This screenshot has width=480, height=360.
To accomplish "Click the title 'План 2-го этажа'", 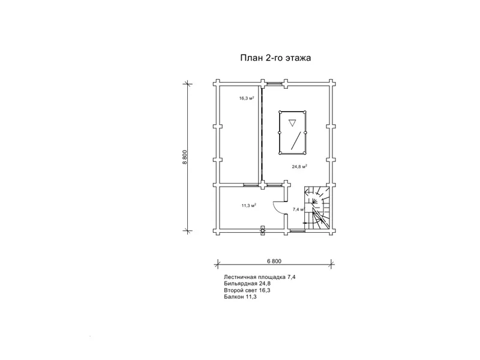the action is tap(275, 58).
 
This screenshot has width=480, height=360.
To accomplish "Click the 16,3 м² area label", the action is tap(247, 98).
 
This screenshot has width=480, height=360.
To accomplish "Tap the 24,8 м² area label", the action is tap(299, 167).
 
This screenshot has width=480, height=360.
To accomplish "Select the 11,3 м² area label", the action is tap(248, 205).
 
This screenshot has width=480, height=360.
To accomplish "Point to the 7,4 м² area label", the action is tap(298, 209).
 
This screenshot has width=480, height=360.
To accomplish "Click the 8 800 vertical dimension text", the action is tap(185, 158).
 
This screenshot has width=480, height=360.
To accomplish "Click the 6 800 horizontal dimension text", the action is tap(274, 261).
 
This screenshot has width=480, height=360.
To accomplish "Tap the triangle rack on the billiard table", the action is tap(292, 123).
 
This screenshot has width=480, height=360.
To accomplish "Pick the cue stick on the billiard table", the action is tap(295, 140).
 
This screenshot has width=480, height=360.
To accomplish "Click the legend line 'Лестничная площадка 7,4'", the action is tap(260, 277).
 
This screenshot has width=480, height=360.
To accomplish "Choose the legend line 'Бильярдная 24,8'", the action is tap(247, 284).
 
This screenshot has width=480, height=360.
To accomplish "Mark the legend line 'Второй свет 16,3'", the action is tap(247, 290).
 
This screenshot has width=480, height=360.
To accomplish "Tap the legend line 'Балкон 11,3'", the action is tap(240, 296).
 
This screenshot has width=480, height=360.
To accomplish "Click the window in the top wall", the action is tap(274, 83).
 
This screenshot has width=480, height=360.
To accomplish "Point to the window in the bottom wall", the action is tap(296, 231).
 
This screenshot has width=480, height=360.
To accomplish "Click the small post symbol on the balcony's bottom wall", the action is tap(263, 230).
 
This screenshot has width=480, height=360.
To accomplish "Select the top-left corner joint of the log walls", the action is tap(217, 83).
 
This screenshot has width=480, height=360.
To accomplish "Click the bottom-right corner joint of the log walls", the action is tap(331, 231).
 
